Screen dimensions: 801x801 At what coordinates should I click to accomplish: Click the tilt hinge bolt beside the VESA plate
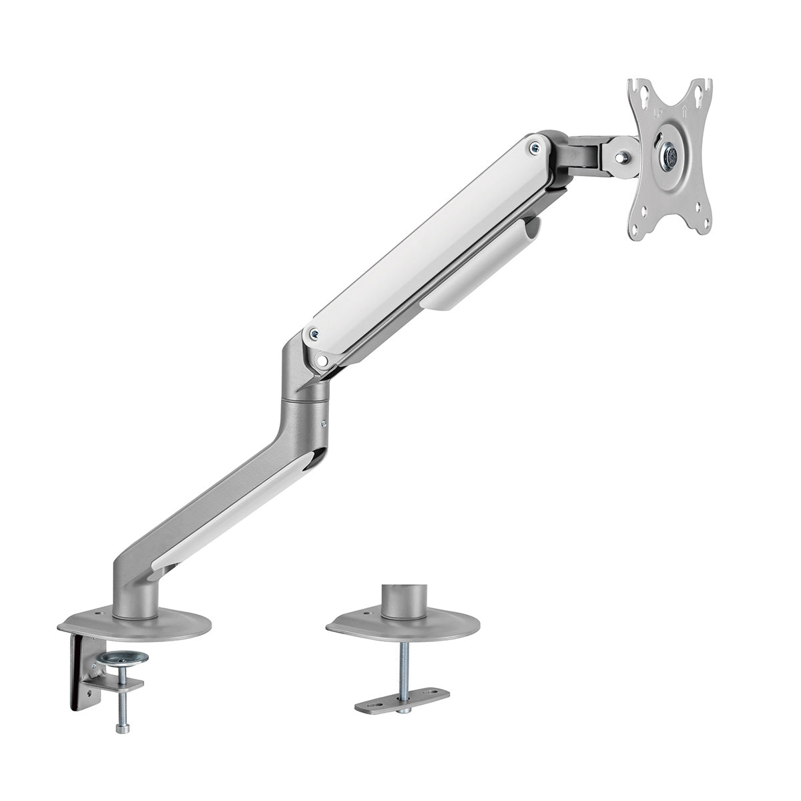point(622,158)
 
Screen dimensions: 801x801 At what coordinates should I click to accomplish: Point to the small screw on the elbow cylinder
point(324,423)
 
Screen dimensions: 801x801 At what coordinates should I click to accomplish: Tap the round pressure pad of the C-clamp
point(122,660)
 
